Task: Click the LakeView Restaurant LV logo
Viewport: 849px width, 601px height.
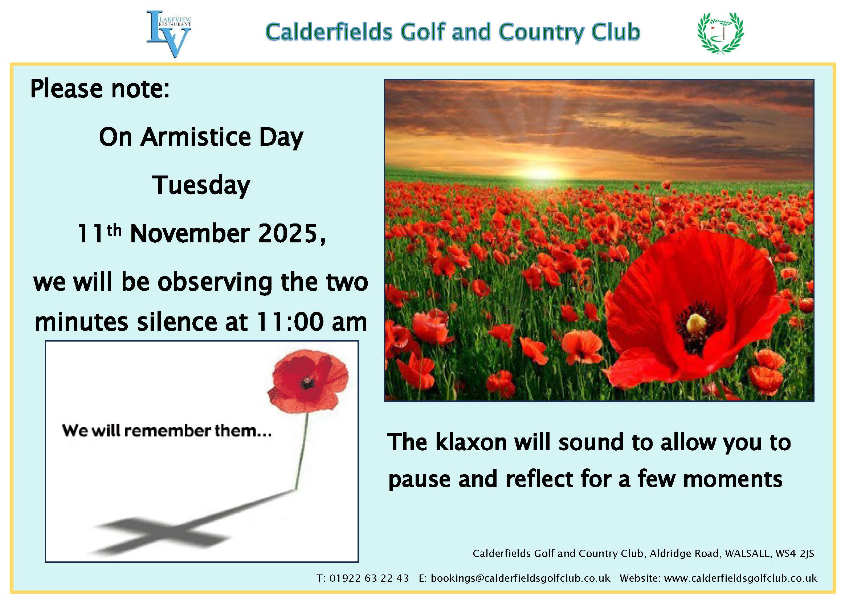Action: pyautogui.click(x=169, y=34)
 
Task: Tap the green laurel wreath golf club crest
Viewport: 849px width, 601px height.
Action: pyautogui.click(x=720, y=33)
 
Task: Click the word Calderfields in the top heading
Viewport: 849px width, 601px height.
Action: pyautogui.click(x=329, y=32)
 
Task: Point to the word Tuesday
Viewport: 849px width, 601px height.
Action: pyautogui.click(x=201, y=186)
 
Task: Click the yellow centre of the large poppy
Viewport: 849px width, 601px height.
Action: pyautogui.click(x=696, y=323)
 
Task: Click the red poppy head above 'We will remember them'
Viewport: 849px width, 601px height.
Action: pyautogui.click(x=308, y=380)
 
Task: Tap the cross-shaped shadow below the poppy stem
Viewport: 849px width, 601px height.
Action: pyautogui.click(x=163, y=536)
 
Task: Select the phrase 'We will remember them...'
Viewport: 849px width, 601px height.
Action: pyautogui.click(x=167, y=431)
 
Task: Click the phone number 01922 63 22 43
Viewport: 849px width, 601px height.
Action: pyautogui.click(x=369, y=578)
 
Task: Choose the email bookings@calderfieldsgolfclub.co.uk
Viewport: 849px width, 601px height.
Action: pyautogui.click(x=520, y=578)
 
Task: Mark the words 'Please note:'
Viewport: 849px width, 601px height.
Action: pyautogui.click(x=100, y=89)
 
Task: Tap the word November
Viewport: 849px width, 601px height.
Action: pyautogui.click(x=190, y=234)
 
